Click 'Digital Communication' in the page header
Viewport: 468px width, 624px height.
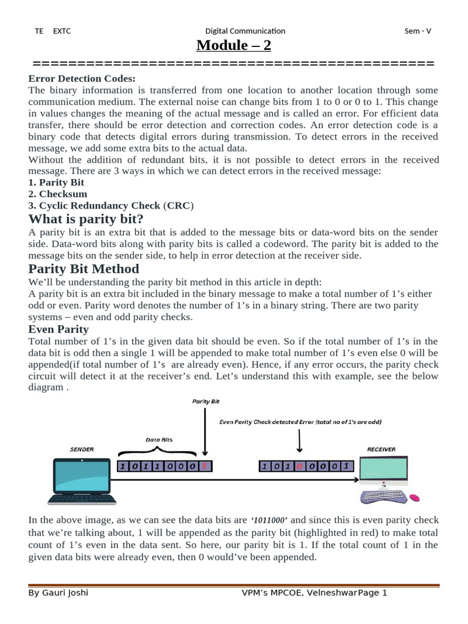click(245, 31)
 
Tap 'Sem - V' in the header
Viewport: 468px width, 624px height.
click(418, 31)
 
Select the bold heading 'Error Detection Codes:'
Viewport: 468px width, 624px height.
click(82, 79)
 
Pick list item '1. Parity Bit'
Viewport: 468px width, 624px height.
click(56, 182)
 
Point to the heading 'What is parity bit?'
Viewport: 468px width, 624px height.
click(86, 219)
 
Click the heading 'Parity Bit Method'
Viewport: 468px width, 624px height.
click(84, 269)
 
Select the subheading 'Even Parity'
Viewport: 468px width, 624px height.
click(58, 329)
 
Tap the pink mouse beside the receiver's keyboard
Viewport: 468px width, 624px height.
click(414, 498)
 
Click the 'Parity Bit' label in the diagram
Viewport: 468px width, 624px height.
click(205, 402)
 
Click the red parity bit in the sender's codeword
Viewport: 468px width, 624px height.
click(205, 467)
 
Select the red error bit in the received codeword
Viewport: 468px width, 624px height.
click(299, 467)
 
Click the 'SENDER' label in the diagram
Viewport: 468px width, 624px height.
click(82, 450)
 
